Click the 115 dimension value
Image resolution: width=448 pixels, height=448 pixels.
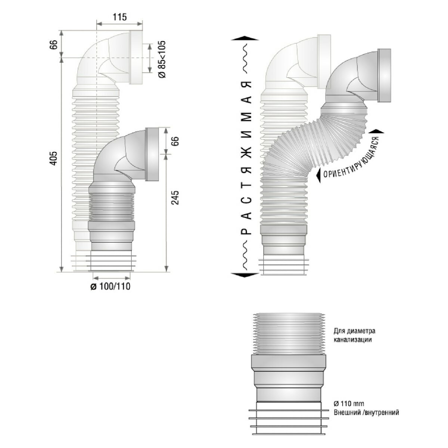click(120, 17)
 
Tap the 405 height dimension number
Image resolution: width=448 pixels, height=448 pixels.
click(53, 158)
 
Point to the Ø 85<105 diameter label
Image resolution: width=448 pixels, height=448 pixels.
click(162, 59)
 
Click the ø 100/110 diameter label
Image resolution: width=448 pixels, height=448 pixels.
click(111, 286)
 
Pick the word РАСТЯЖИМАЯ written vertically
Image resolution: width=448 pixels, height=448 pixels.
click(246, 158)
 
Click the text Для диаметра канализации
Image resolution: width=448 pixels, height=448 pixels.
click(355, 335)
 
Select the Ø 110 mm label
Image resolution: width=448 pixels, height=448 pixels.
click(349, 403)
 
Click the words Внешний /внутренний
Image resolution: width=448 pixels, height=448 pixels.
click(366, 413)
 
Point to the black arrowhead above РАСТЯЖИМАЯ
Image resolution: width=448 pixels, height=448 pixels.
click(245, 38)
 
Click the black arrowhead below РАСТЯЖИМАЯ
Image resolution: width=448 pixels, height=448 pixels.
click(245, 275)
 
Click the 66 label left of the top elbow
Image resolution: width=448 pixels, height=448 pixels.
click(53, 44)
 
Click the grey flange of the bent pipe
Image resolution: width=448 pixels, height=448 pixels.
click(384, 75)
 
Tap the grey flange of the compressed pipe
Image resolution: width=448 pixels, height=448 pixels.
click(152, 154)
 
